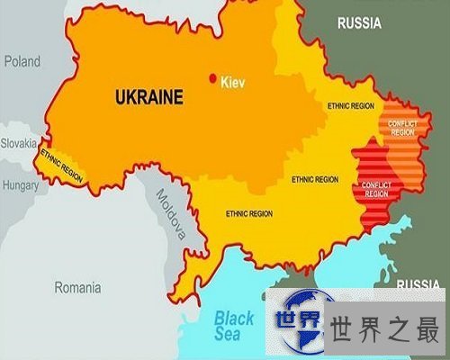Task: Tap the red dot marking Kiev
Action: click(214, 76)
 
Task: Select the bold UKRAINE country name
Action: click(149, 95)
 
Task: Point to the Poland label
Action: click(22, 61)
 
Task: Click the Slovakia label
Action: click(18, 142)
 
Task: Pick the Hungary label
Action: click(20, 186)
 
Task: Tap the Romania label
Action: click(78, 288)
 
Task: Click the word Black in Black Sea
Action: click(234, 317)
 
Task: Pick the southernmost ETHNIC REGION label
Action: click(248, 214)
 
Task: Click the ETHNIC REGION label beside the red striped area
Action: click(315, 179)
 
